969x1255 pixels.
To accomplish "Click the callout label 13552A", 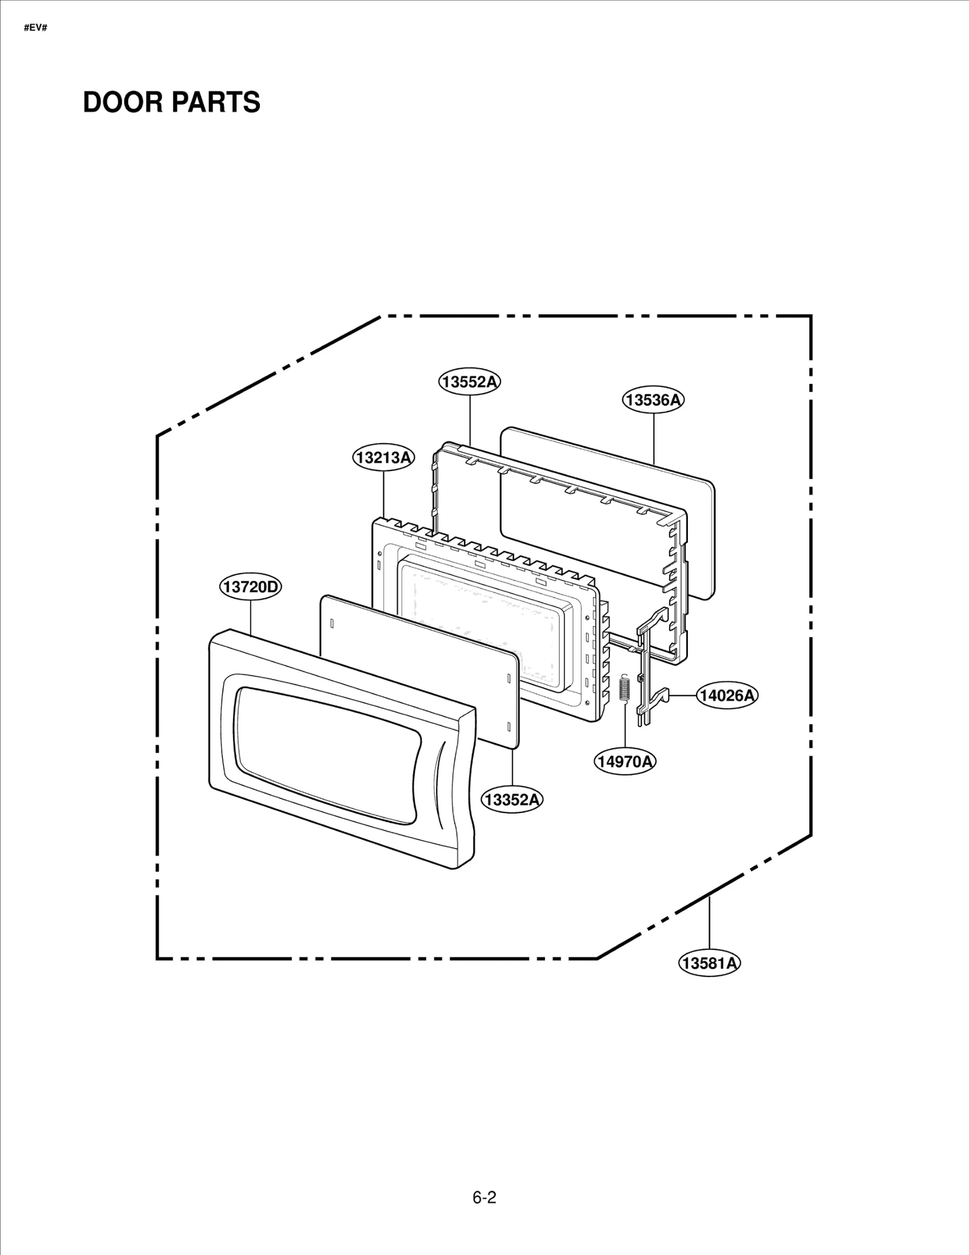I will pos(469,382).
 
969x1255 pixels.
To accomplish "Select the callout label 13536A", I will pos(653,400).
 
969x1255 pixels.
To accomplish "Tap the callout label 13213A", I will pos(383,458).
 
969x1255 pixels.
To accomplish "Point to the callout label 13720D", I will pos(250,587).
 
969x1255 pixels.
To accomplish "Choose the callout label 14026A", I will pos(727,696).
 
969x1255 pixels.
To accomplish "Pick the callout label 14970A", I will pos(625,761).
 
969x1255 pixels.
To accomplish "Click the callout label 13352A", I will pos(512,800).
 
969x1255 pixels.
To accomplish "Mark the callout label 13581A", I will pos(709,963).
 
